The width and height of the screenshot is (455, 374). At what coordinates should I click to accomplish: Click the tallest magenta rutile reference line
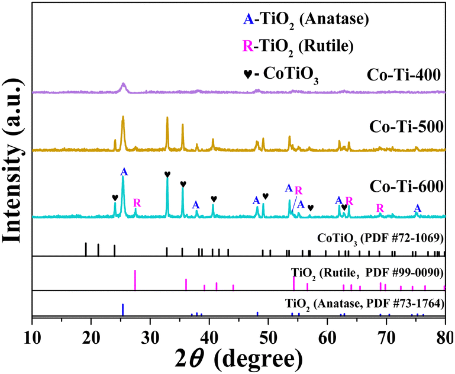click(135, 279)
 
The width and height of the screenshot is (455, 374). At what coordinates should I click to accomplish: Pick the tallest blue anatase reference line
click(122, 310)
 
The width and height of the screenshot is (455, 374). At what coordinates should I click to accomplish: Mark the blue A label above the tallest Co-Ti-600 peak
click(124, 172)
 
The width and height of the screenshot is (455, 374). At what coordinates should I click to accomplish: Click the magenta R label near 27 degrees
click(137, 203)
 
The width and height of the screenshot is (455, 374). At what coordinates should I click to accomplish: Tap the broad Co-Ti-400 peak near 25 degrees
click(123, 86)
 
